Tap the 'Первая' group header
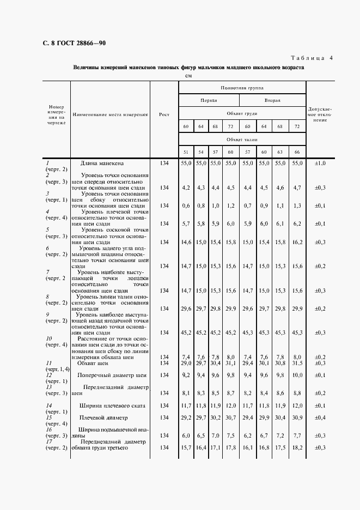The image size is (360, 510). [x=210, y=100]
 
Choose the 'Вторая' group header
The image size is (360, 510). [x=272, y=100]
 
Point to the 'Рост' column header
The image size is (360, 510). [x=164, y=114]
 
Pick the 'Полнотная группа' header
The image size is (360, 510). [x=242, y=87]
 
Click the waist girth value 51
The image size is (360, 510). [x=186, y=152]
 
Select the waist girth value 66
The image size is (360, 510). [x=297, y=152]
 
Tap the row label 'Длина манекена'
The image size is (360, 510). [x=102, y=163]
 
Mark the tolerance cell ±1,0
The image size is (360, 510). [x=320, y=163]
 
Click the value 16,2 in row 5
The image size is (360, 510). [x=297, y=241]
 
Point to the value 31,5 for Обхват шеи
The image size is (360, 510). [x=297, y=362]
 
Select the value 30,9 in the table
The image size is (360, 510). [x=297, y=418]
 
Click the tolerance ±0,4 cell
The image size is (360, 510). [x=320, y=418]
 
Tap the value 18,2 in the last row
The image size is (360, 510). [x=297, y=447]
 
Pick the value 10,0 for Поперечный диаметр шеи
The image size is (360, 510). [x=297, y=375]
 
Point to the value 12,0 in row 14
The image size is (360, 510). [x=230, y=405]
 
